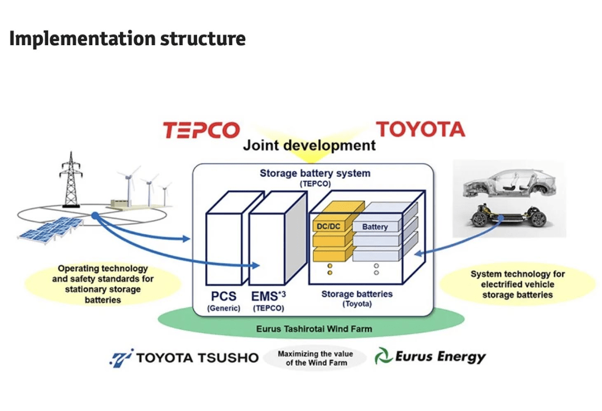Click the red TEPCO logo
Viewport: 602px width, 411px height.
coord(202,130)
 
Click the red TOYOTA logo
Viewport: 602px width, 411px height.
coord(420,129)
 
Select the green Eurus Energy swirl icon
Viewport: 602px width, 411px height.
coord(383,356)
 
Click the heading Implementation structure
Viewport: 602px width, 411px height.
coord(128,39)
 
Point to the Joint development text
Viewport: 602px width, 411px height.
coord(309,145)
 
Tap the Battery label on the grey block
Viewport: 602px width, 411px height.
coord(375,226)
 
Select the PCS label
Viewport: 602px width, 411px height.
coord(223,296)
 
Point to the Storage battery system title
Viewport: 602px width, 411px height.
coord(315,173)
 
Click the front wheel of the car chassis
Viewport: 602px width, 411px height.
coord(480,220)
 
